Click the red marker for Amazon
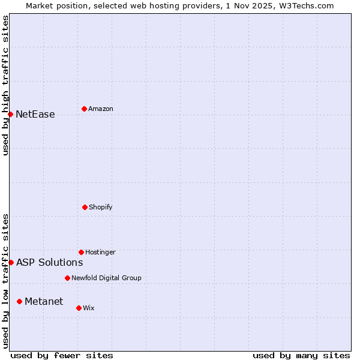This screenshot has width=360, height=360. pyautogui.click(x=84, y=109)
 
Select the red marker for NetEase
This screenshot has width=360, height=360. pyautogui.click(x=10, y=114)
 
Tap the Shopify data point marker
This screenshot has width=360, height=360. pyautogui.click(x=85, y=207)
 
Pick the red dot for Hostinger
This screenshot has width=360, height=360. pyautogui.click(x=81, y=252)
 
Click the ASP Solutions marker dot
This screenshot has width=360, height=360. pyautogui.click(x=11, y=262)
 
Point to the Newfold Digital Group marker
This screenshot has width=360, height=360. pyautogui.click(x=67, y=278)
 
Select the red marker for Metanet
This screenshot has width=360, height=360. pyautogui.click(x=19, y=301)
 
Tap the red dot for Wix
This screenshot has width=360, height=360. pyautogui.click(x=79, y=308)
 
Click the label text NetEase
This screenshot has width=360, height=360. pyautogui.click(x=35, y=114)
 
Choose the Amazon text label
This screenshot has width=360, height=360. pyautogui.click(x=101, y=109)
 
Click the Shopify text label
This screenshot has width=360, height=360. pyautogui.click(x=101, y=207)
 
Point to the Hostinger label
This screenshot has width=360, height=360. pyautogui.click(x=100, y=252)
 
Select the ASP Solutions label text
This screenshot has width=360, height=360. pyautogui.click(x=49, y=262)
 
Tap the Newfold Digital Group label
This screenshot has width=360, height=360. pyautogui.click(x=106, y=278)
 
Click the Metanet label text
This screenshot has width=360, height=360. pyautogui.click(x=44, y=301)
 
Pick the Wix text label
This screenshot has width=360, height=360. pyautogui.click(x=89, y=308)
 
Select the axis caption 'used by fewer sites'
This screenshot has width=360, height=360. pyautogui.click(x=62, y=355)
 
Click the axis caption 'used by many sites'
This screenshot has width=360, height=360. pyautogui.click(x=301, y=355)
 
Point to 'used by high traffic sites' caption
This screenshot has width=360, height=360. pyautogui.click(x=5, y=85)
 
